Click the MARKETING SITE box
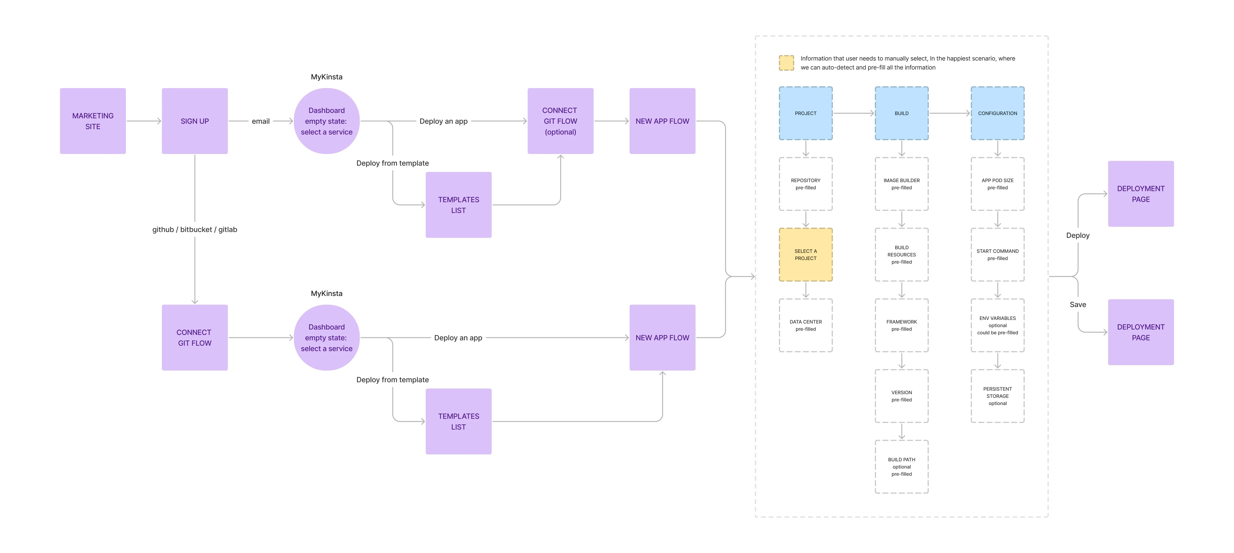click(93, 121)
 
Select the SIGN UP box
click(195, 121)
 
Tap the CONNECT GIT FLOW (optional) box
click(560, 121)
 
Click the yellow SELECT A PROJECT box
click(806, 255)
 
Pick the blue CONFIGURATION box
click(997, 114)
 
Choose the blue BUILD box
click(902, 114)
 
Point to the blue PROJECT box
click(806, 114)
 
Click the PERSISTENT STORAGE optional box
click(997, 396)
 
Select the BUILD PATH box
click(902, 467)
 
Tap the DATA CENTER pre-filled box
click(806, 326)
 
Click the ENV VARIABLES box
click(997, 326)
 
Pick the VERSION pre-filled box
click(902, 396)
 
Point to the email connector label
click(261, 121)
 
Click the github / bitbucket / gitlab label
click(195, 229)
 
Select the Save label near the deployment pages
click(1078, 304)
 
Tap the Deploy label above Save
click(1078, 235)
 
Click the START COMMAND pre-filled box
click(997, 255)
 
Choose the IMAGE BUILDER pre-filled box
click(902, 184)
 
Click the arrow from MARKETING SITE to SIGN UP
click(144, 121)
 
